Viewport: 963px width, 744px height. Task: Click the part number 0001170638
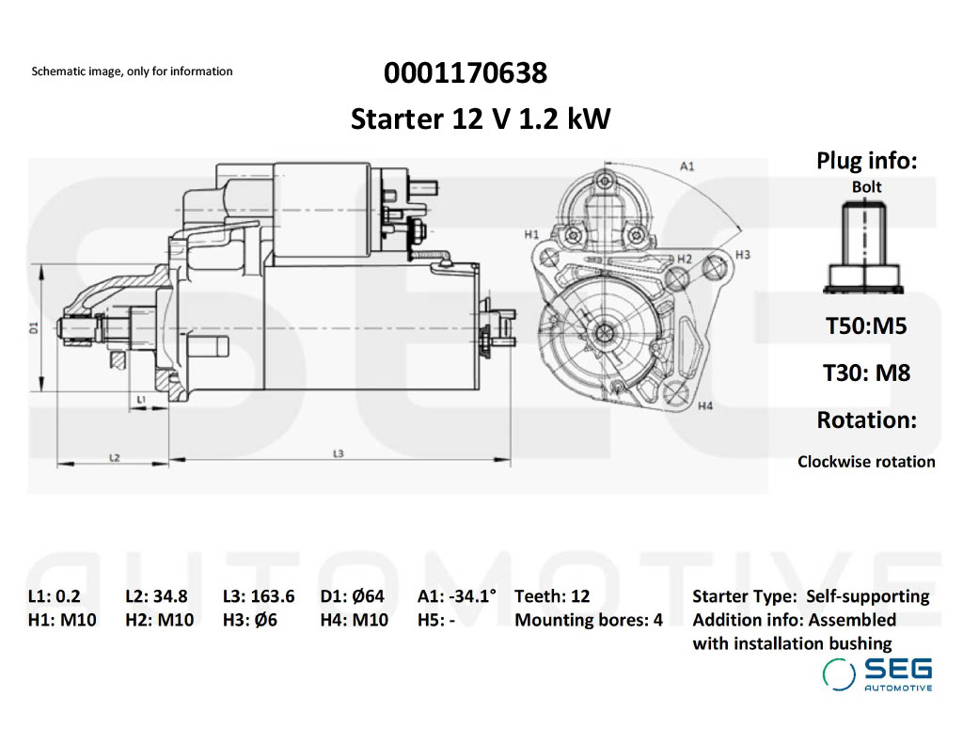point(465,72)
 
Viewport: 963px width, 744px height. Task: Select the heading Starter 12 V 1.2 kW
point(481,119)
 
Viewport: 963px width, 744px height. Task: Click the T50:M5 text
point(866,326)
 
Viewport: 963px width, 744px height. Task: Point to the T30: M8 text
point(866,372)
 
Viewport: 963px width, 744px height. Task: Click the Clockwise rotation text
point(866,461)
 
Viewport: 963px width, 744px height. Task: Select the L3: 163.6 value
point(259,595)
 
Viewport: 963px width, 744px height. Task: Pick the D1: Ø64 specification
point(352,595)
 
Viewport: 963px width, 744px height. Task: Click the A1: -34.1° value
point(457,595)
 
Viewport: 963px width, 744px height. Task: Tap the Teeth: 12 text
point(552,595)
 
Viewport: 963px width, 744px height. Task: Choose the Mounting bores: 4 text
point(589,620)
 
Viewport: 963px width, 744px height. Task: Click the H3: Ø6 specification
point(249,620)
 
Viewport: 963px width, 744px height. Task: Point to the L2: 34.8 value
point(156,595)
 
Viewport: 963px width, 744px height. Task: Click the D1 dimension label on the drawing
point(33,328)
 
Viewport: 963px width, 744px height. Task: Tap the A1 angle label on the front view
point(687,166)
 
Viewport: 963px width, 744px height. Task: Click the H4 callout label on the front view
point(705,405)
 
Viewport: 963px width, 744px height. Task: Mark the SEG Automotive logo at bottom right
point(877,674)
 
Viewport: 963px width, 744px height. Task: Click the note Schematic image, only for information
point(132,71)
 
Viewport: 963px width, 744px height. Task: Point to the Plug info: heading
point(866,161)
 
